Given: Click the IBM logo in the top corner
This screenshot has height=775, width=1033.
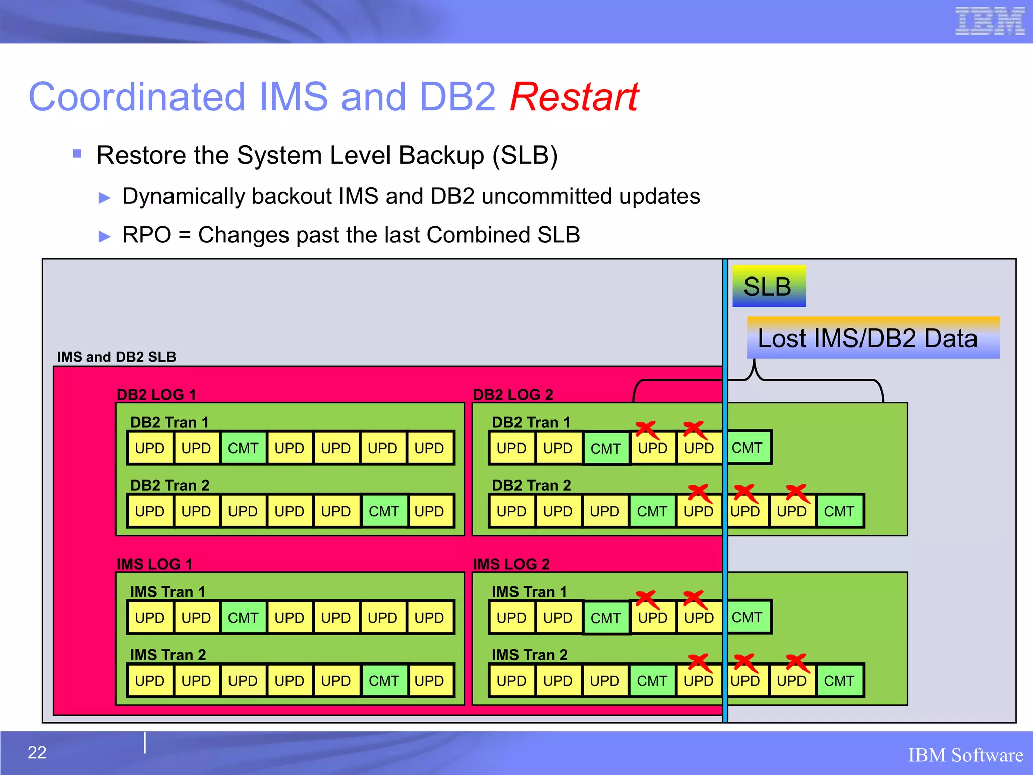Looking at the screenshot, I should point(990,21).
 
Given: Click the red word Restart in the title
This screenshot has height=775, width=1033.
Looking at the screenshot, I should point(574,97).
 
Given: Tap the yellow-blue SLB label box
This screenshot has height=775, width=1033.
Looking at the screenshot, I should point(768,286).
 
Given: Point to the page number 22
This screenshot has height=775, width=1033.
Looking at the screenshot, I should point(37,752).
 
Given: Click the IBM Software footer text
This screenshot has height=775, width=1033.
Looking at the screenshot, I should point(965,755).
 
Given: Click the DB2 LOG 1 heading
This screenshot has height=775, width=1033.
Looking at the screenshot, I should point(156,394).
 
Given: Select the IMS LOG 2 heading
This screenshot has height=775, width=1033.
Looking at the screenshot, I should point(511,564).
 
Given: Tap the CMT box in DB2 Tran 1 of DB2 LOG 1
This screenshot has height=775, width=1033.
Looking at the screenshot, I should point(243,448).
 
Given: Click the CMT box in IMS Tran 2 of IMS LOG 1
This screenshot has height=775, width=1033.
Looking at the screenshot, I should point(384,680).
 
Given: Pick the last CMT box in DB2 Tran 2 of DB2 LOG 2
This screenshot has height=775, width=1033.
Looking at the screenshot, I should point(839,511).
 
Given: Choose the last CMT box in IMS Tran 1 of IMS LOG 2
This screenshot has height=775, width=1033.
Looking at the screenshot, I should point(747,617).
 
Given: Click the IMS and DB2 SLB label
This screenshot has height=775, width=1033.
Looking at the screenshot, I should point(117,357).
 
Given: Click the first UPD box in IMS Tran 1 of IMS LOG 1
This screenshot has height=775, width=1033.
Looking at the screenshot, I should point(150,617).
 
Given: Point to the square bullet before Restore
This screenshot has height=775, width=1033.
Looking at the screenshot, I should point(77,154).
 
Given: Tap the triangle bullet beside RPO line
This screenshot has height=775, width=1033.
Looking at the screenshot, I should point(104,236).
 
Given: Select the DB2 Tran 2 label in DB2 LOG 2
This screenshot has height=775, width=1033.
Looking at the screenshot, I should point(531,485).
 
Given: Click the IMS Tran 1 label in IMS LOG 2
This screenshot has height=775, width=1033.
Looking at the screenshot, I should point(529,591).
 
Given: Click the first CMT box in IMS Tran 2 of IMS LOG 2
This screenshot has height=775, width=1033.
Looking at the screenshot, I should point(652,680).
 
